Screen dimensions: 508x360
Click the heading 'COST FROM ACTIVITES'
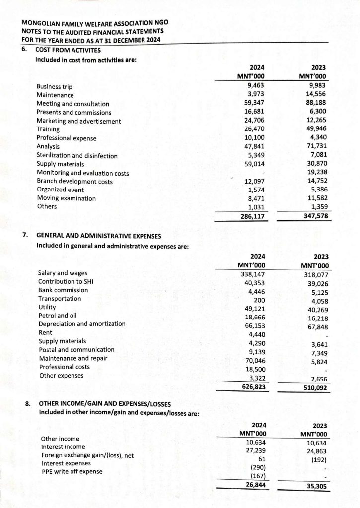coord(68,50)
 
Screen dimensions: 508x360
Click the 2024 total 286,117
coord(253,216)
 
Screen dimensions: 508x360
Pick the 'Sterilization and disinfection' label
coord(77,156)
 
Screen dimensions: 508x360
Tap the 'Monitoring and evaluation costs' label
coord(83,173)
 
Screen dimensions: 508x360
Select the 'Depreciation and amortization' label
coord(82,324)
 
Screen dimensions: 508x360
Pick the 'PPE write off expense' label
coord(72,471)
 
